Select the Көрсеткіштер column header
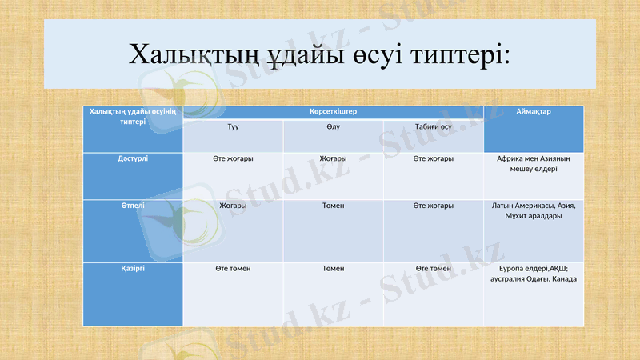click(x=333, y=112)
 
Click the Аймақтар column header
click(x=534, y=112)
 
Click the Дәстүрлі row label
click(x=133, y=158)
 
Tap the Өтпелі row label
click(x=133, y=206)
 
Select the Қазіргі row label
click(x=133, y=268)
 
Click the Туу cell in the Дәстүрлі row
click(x=233, y=158)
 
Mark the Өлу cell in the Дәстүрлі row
click(x=333, y=158)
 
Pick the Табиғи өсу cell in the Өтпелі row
click(x=434, y=206)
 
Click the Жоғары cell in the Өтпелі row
click(x=233, y=206)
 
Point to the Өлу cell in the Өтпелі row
click(x=333, y=206)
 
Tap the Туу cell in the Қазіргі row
click(x=233, y=268)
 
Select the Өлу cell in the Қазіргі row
click(x=333, y=268)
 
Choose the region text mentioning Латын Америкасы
click(x=534, y=210)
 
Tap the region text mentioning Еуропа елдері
click(x=534, y=273)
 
